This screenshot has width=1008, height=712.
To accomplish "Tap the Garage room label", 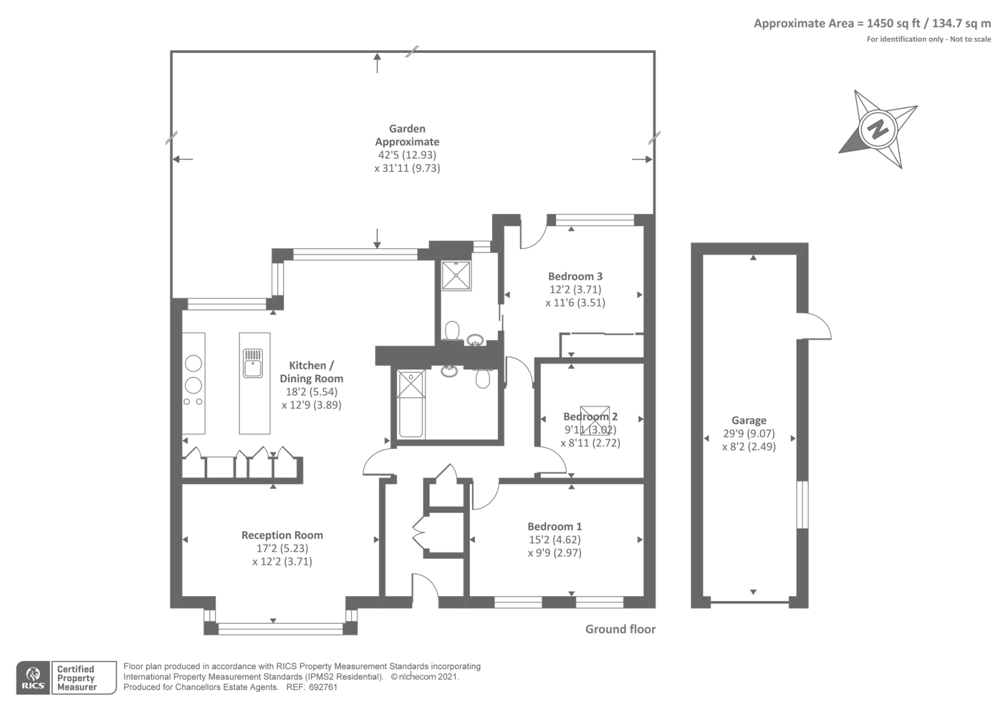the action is (x=749, y=420).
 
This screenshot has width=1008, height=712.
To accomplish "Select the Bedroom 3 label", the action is (x=575, y=277).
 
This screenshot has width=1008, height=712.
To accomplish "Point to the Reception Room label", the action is (x=282, y=535).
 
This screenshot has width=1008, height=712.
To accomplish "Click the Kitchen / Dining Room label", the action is (x=311, y=372).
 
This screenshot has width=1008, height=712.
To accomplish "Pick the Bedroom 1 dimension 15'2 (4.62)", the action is (x=554, y=539).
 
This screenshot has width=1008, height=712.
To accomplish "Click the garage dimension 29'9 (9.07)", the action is (x=749, y=434).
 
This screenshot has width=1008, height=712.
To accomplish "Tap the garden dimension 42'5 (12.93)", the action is (x=407, y=155).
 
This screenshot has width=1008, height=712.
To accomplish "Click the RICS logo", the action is (x=33, y=678).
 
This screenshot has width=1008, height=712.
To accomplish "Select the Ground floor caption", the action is (x=620, y=629).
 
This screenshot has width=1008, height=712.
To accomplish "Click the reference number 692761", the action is (x=323, y=687).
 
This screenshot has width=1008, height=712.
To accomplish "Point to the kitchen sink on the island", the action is (x=253, y=363).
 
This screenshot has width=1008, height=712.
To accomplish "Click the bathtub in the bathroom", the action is (x=411, y=404).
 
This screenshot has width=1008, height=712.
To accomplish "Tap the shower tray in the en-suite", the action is (x=456, y=275).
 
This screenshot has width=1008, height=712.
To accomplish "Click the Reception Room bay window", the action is (x=281, y=628).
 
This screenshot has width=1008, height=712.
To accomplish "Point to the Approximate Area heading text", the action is (x=872, y=23).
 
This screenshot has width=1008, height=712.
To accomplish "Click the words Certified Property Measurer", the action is (x=76, y=678).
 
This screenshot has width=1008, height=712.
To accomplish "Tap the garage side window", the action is (x=803, y=505).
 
